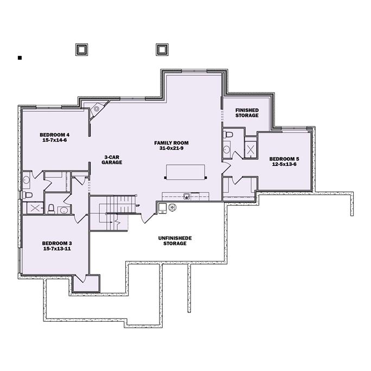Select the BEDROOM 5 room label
pos(284,159)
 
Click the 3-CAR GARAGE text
pos(113,159)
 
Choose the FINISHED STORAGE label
pos(247,112)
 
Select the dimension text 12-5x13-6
pos(284,165)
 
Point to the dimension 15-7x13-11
pos(57,249)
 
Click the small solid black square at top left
pos(20,57)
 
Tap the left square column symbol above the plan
pos(80,49)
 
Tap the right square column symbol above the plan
pos(161,49)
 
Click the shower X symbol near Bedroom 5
pos(251,149)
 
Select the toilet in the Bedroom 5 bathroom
pos(229,134)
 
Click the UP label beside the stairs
pos(138,206)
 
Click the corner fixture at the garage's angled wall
pos(97,108)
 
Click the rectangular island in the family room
pos(186,172)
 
